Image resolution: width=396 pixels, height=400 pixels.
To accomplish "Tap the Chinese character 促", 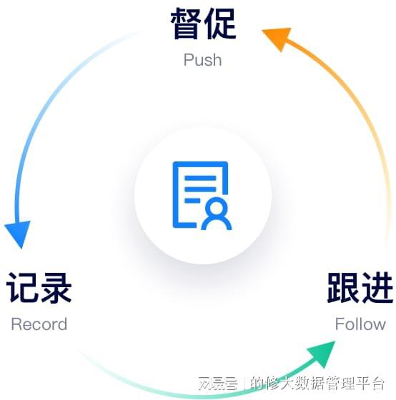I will point(219,24).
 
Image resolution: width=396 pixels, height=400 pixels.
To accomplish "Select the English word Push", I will point(202,60).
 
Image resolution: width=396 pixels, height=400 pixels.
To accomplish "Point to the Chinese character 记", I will point(22,288).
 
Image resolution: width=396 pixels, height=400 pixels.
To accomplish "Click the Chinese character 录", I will point(56,288).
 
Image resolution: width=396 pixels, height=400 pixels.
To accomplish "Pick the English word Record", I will point(39,324).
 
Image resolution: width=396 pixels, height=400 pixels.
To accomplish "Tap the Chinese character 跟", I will point(343,288).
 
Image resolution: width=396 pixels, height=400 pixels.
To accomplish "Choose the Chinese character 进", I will point(377,288).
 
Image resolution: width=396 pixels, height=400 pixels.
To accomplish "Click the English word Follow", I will point(360,324).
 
